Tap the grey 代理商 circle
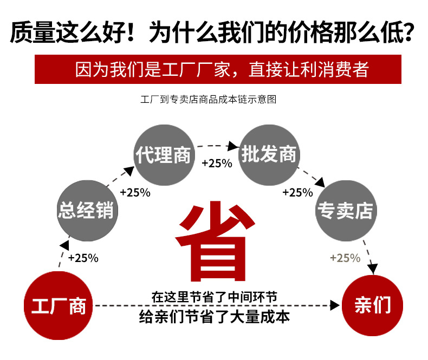tap(163, 155)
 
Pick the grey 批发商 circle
tap(269, 154)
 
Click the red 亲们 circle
tap(372, 305)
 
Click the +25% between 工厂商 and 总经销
tap(83, 258)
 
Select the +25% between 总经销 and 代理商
tap(135, 192)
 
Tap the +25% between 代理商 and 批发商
tap(217, 163)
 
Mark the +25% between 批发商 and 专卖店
tap(297, 192)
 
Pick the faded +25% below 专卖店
tap(345, 258)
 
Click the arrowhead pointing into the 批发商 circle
tap(235, 146)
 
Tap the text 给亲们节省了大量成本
tap(214, 317)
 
